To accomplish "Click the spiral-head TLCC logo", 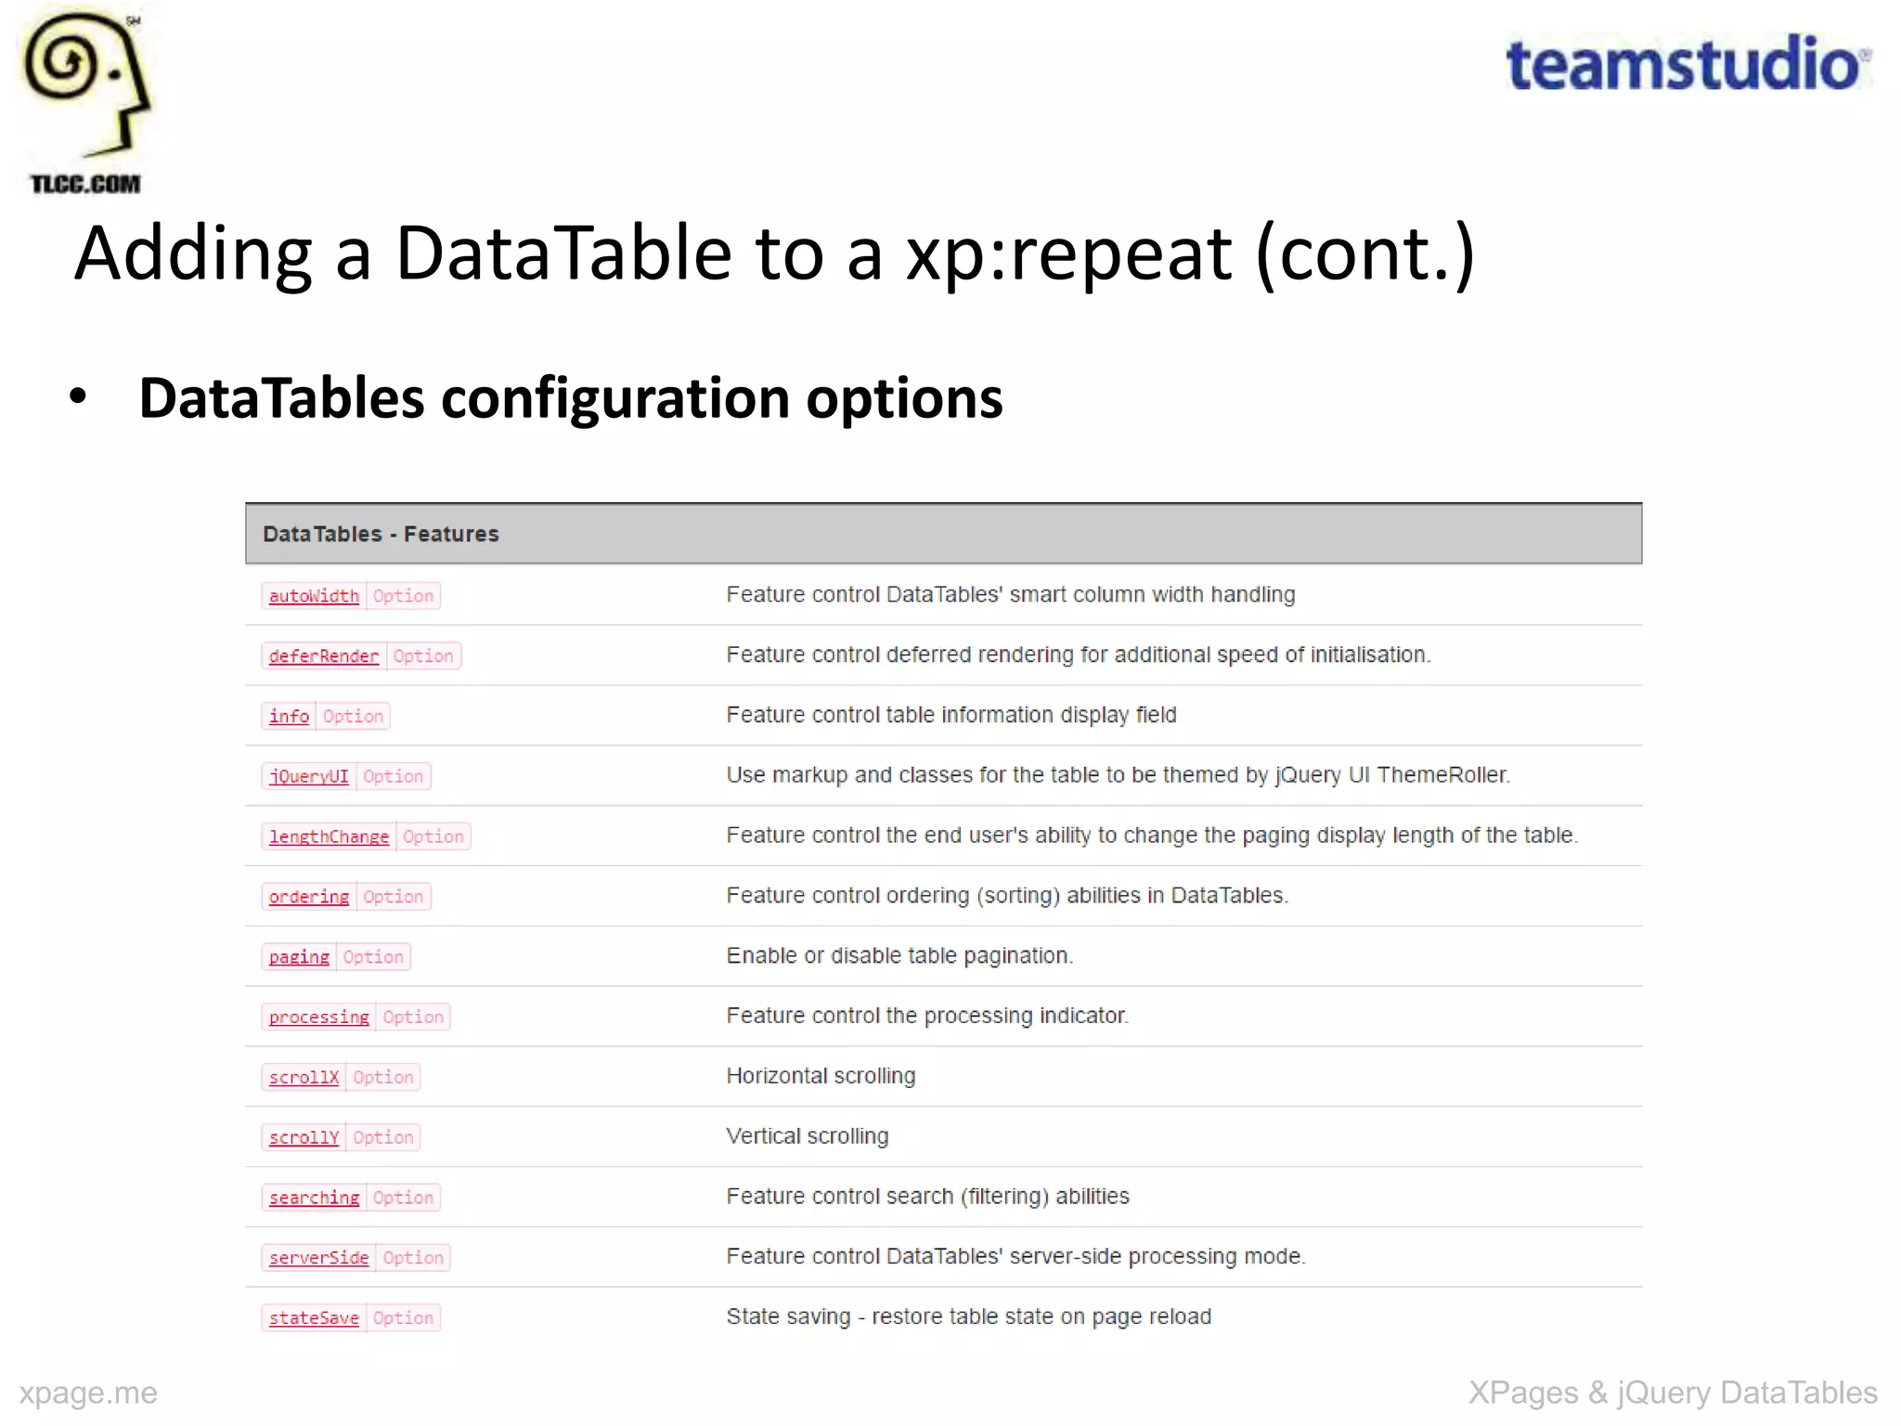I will pos(86,84).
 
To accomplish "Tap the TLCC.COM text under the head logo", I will pos(85,184).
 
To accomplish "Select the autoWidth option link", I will pos(314,596).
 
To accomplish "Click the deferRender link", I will pos(324,656).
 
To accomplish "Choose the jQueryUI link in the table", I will pos(309,776).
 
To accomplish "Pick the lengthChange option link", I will pos(329,836).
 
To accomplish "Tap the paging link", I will pos(299,957).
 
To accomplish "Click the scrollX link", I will pos(304,1077).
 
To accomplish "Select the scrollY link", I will pos(304,1137).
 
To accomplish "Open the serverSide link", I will pos(318,1258).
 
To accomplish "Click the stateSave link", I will pos(314,1318).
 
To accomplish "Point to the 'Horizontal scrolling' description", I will pos(821,1076).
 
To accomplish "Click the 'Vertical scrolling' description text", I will pos(807,1136).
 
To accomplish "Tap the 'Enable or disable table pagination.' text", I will pos(899,956).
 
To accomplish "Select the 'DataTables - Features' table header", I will pos(381,534).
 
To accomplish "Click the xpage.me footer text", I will pos(88,1393).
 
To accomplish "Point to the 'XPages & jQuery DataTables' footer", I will pos(1672,1393).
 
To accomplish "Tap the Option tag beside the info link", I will pos(353,717).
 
